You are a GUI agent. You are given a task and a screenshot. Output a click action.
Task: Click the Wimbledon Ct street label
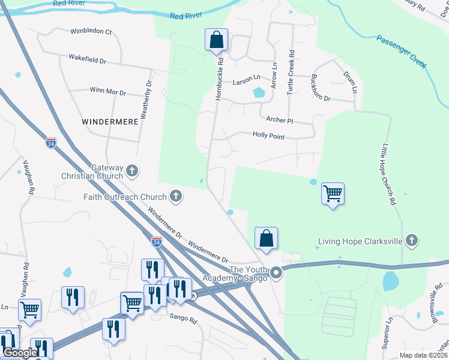tap(91, 31)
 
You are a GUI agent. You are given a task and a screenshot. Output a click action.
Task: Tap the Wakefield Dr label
tap(87, 61)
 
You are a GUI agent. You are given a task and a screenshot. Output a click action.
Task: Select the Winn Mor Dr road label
tap(107, 92)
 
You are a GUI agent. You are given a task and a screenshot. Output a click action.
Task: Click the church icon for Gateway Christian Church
tap(132, 172)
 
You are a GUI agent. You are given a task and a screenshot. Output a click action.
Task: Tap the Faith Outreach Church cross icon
tap(176, 196)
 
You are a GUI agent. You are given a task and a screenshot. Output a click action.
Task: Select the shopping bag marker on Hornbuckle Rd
tap(216, 41)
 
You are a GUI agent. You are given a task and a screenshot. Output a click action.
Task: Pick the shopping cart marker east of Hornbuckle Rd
tap(333, 194)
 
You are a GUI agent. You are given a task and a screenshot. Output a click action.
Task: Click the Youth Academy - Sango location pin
tap(276, 273)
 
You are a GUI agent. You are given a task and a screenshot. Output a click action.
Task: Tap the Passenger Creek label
tap(402, 52)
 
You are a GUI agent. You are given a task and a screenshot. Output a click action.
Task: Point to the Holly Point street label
tap(268, 137)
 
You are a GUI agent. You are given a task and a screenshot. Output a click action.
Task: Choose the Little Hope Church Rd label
tap(388, 174)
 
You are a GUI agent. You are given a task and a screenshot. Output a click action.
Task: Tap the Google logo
tap(19, 353)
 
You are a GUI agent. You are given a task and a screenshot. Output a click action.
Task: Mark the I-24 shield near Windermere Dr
tap(156, 242)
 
